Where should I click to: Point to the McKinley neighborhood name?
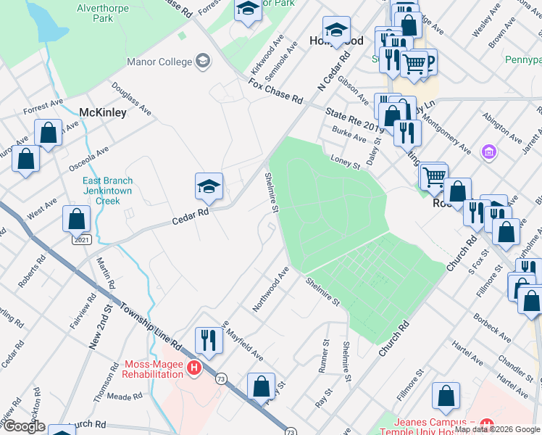click(102, 112)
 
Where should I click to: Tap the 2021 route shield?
click(82, 239)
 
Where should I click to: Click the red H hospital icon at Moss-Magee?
click(193, 368)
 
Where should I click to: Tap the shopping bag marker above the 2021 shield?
click(77, 218)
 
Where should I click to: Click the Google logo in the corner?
click(23, 426)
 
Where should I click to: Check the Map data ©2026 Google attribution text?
click(498, 429)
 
